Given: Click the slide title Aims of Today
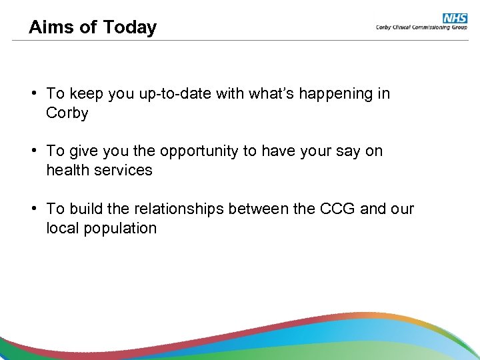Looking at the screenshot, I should click(x=93, y=27).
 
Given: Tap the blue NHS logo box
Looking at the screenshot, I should click(x=455, y=19).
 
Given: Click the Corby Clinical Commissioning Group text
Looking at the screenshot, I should click(x=421, y=28).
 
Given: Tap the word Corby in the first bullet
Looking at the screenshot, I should click(x=67, y=113).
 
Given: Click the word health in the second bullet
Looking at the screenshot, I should click(x=69, y=171).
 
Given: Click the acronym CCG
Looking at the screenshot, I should click(x=337, y=209).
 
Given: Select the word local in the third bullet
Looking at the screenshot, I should click(x=61, y=228).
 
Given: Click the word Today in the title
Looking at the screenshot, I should click(x=129, y=27).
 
